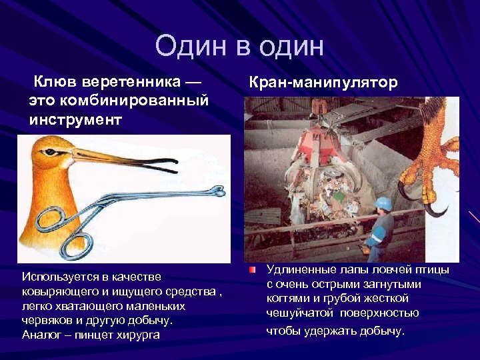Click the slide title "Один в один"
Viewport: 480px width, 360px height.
click(239, 47)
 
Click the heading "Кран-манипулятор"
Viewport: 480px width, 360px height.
click(323, 82)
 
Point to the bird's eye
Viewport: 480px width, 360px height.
click(65, 153)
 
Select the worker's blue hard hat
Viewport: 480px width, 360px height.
click(383, 203)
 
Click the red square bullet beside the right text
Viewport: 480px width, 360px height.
click(252, 270)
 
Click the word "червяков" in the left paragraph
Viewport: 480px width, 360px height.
click(45, 320)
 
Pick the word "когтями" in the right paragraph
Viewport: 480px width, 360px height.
click(288, 299)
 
